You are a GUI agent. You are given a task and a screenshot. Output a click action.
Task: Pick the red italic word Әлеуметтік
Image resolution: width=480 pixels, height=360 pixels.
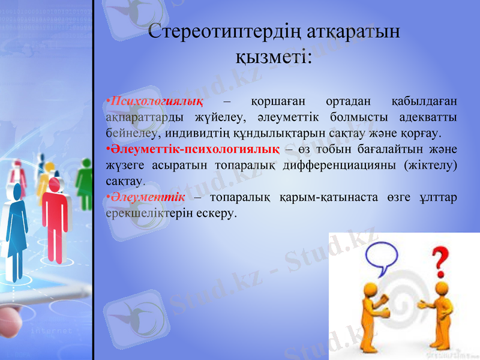[148, 197]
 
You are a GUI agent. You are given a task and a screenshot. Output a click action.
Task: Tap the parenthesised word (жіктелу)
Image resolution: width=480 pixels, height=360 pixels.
[430, 164]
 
